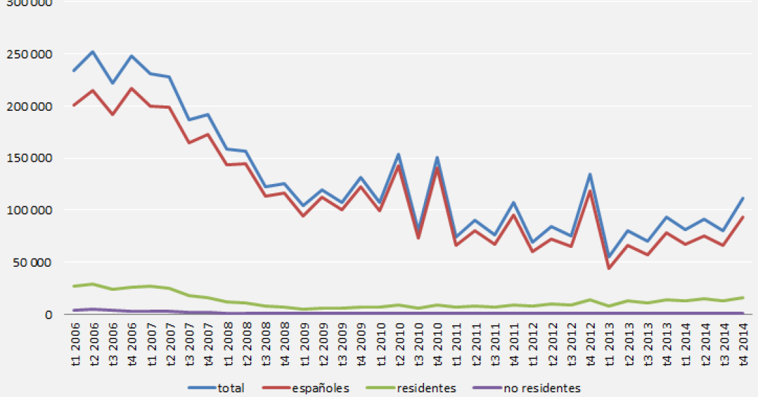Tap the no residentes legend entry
pos(528,388)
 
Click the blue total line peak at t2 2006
pos(93,52)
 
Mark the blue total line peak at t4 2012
pos(590,175)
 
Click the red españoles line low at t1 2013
pos(609,269)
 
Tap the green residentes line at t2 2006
pos(93,284)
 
